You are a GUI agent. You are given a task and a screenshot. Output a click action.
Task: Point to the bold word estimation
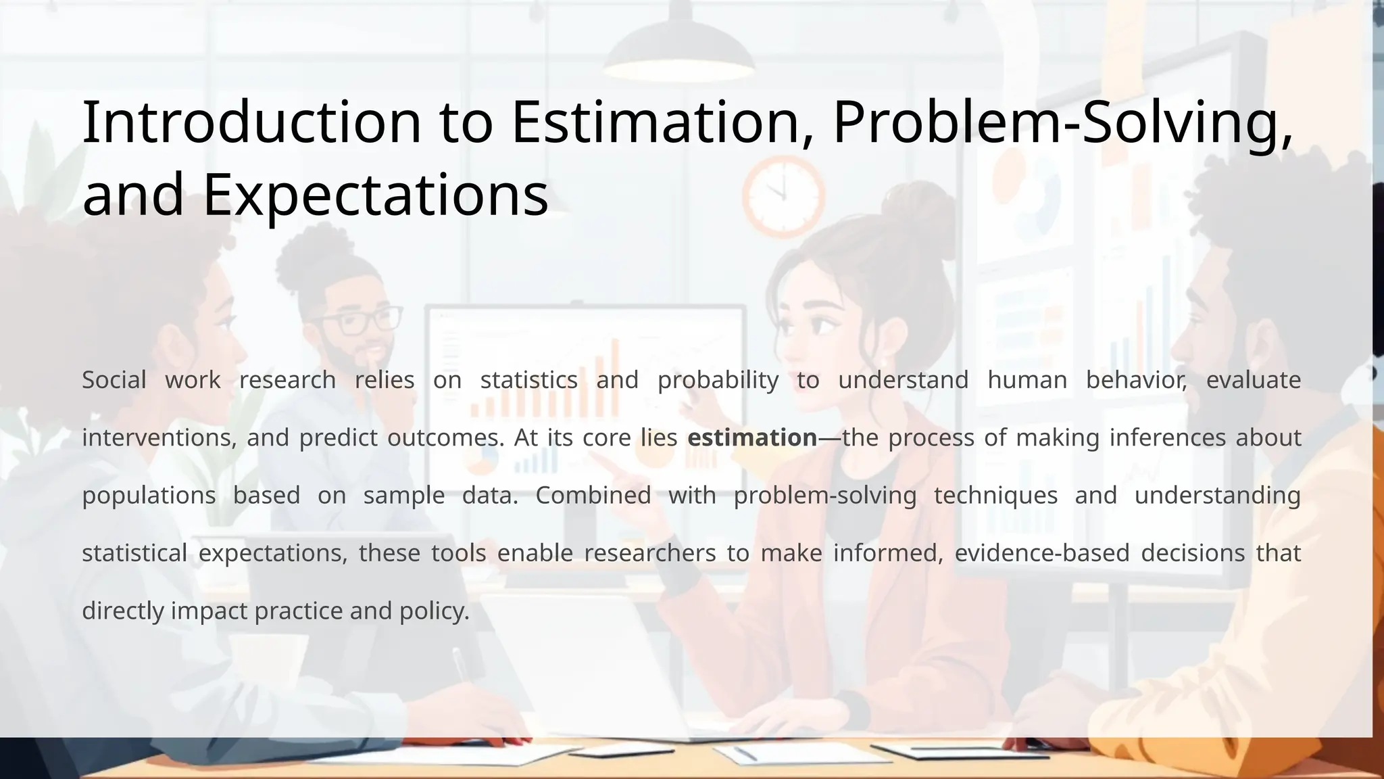point(752,438)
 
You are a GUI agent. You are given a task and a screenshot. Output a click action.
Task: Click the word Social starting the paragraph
point(114,380)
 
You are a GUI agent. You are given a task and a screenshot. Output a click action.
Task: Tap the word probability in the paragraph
point(718,380)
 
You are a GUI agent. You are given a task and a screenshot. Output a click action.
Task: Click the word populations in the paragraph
point(149,496)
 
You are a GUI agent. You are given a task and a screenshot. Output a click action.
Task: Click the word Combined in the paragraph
point(593,496)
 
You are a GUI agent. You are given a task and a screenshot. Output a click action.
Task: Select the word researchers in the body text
point(649,553)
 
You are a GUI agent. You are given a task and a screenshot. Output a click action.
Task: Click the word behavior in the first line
point(1136,380)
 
